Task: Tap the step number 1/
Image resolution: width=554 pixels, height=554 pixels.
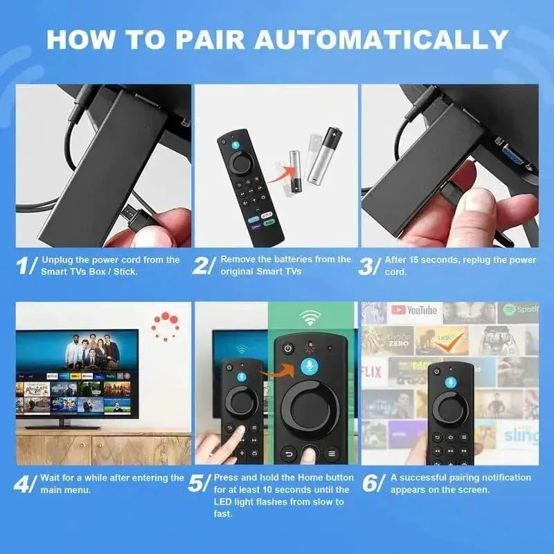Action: click(27, 267)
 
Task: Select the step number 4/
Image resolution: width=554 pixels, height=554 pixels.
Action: click(27, 483)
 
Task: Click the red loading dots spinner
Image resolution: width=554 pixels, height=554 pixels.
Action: click(166, 325)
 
